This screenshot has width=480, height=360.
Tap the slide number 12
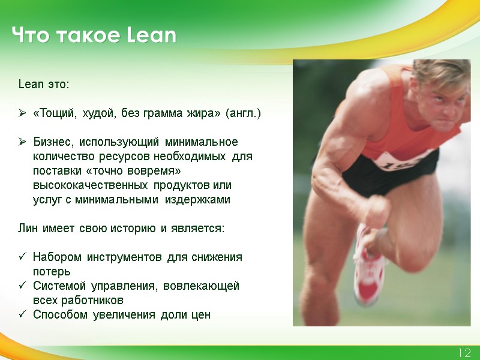464,353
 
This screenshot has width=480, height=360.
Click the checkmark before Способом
22,315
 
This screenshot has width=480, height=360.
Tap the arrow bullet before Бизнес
22,142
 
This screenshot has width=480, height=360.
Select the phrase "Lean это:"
44,84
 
